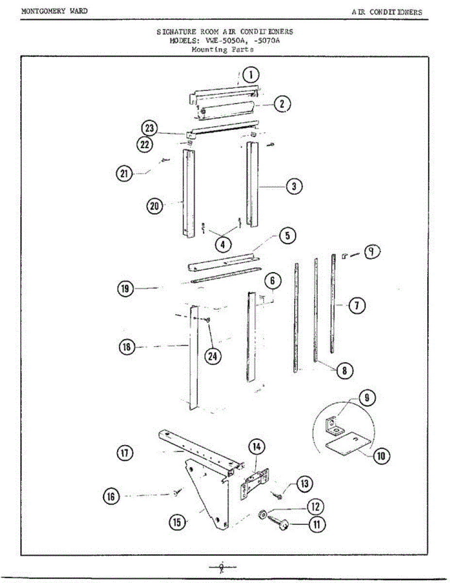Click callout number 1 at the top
tap(250, 75)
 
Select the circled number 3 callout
tap(294, 186)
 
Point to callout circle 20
tap(155, 206)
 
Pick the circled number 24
tap(212, 356)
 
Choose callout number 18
tap(127, 347)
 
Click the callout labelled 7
tap(356, 306)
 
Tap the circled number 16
tap(112, 496)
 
